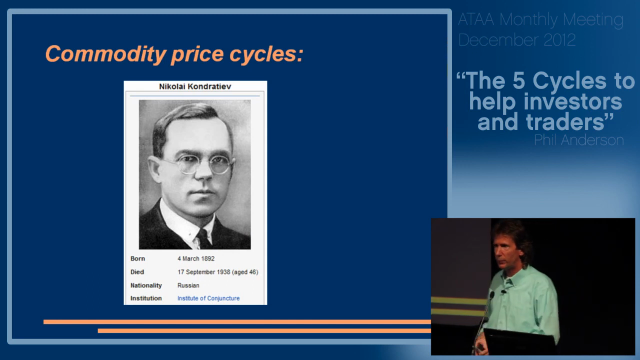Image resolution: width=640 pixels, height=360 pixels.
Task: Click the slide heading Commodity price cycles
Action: tap(174, 53)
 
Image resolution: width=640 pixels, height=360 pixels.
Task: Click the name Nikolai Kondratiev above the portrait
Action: tap(195, 86)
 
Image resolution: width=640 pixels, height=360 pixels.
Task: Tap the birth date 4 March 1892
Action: tap(196, 258)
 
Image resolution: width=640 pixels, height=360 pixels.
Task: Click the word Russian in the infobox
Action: tap(188, 285)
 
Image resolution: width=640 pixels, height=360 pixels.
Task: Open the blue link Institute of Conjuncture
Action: tap(208, 298)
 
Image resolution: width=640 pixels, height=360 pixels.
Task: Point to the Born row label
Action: tap(137, 258)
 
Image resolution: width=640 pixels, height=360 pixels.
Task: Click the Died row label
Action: tap(137, 272)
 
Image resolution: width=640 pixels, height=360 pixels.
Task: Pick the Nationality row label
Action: tap(146, 285)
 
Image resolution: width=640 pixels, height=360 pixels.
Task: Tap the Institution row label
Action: tap(146, 298)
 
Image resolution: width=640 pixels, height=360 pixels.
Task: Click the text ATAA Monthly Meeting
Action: tap(540, 20)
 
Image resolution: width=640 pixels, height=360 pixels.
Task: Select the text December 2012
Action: tap(517, 40)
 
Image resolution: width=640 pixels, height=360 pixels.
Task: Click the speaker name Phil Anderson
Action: tap(578, 140)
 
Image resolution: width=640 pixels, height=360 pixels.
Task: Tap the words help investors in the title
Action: tap(545, 101)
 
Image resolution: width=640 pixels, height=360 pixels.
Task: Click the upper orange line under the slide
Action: tap(237, 322)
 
